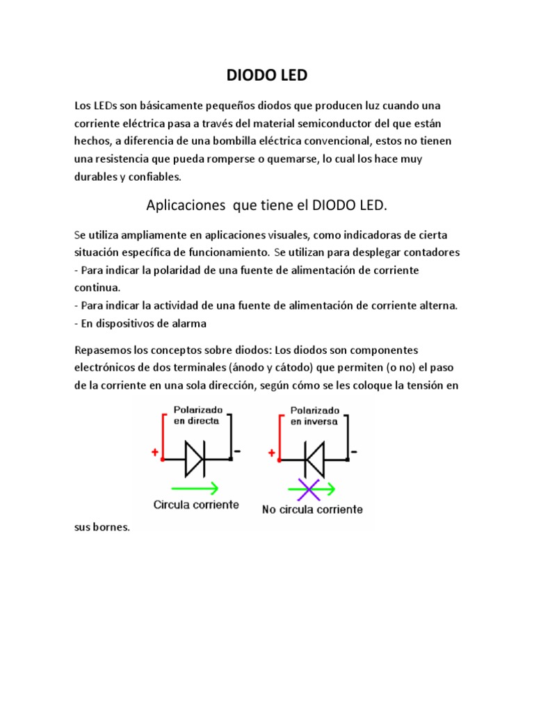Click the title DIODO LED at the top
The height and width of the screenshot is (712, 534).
[267, 75]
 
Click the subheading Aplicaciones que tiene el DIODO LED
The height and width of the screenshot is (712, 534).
[267, 206]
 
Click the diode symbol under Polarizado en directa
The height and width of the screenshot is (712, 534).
[194, 459]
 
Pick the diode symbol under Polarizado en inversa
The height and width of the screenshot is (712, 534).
[314, 459]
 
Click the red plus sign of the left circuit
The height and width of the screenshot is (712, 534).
[154, 452]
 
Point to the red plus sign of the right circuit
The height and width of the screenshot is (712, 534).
[270, 452]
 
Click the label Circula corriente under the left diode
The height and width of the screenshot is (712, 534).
[196, 504]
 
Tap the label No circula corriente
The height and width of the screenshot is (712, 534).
[312, 509]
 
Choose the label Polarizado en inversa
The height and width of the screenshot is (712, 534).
[315, 415]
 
